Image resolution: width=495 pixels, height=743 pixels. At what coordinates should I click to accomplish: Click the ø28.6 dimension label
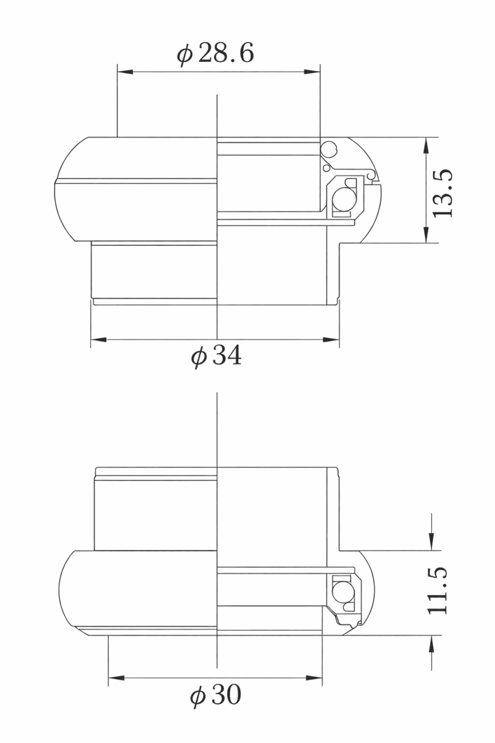[x=215, y=54]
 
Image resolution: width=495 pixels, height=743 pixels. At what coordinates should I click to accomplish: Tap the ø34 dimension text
[x=216, y=356]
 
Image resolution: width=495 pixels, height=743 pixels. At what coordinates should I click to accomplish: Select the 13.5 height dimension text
[x=442, y=193]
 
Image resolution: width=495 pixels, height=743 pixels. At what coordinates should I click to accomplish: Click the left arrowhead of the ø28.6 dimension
[x=126, y=72]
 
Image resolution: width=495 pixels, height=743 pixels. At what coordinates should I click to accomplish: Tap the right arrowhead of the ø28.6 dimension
[x=312, y=72]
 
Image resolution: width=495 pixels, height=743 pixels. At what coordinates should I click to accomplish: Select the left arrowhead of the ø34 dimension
[x=99, y=340]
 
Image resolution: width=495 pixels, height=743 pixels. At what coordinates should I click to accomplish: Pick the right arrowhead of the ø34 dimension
[x=331, y=340]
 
